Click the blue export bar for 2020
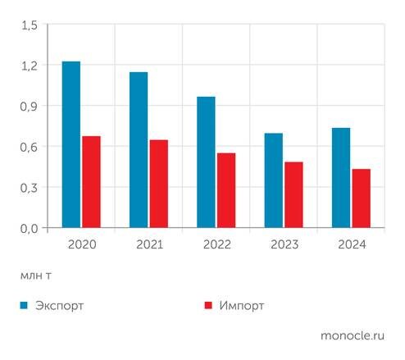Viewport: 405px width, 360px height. click(x=71, y=144)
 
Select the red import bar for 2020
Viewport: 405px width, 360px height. click(x=91, y=182)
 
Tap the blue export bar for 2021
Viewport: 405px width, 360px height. click(x=139, y=150)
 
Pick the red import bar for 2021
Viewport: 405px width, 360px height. click(x=159, y=184)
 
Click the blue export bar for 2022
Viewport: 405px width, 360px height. click(x=206, y=162)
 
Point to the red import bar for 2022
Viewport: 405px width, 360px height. click(x=226, y=190)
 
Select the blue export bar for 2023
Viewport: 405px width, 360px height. click(x=274, y=180)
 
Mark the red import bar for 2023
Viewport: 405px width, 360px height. click(x=294, y=195)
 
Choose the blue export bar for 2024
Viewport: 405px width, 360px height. click(x=341, y=178)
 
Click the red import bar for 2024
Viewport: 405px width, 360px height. click(x=362, y=198)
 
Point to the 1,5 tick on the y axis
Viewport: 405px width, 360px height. click(x=30, y=25)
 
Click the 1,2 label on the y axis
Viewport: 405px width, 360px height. click(x=30, y=66)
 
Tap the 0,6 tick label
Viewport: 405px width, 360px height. click(x=30, y=147)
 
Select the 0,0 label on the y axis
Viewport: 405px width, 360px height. click(x=30, y=228)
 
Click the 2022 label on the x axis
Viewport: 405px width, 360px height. click(x=216, y=244)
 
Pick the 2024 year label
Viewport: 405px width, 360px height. click(x=351, y=244)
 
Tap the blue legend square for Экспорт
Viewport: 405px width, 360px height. click(x=25, y=306)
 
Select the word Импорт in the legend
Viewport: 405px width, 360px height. click(x=242, y=306)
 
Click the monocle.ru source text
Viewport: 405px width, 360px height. click(x=353, y=335)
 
